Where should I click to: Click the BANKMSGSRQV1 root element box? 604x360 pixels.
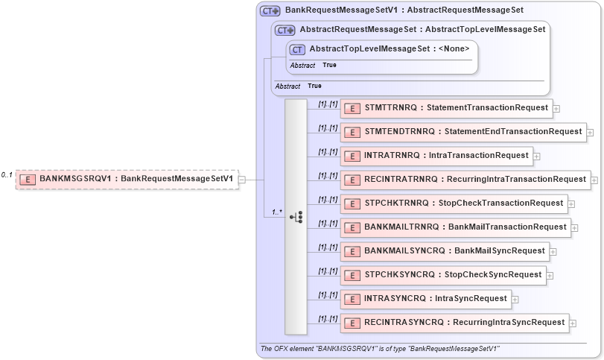pyautogui.click(x=127, y=179)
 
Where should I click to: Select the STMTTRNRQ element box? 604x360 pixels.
pyautogui.click(x=447, y=108)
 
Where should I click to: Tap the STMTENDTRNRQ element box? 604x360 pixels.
pyautogui.click(x=463, y=132)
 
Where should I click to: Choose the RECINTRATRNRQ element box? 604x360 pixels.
pyautogui.click(x=465, y=180)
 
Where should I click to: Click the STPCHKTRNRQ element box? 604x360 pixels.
pyautogui.click(x=454, y=203)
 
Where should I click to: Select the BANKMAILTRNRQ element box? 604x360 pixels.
pyautogui.click(x=456, y=227)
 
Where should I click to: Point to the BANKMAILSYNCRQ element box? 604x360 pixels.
pyautogui.click(x=445, y=251)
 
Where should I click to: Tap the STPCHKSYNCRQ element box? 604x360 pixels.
pyautogui.click(x=443, y=275)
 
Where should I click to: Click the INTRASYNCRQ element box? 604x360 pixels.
pyautogui.click(x=426, y=299)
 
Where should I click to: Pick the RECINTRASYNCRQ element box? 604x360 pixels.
pyautogui.click(x=455, y=323)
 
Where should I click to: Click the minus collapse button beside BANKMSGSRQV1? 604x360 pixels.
pyautogui.click(x=241, y=180)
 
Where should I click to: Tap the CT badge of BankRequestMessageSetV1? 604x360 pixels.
pyautogui.click(x=270, y=11)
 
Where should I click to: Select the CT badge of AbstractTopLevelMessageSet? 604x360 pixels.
pyautogui.click(x=297, y=50)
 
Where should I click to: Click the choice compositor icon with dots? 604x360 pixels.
pyautogui.click(x=296, y=216)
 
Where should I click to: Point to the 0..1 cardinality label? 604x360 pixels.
pyautogui.click(x=7, y=175)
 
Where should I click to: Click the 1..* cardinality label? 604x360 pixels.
pyautogui.click(x=277, y=212)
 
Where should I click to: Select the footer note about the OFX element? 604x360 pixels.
pyautogui.click(x=379, y=349)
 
